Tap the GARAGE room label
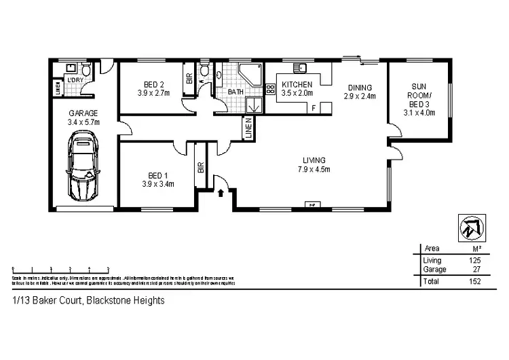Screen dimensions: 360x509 point(83,113)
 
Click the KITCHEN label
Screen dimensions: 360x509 point(297,84)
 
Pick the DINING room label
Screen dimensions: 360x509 point(360,88)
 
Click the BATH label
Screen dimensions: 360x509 point(235,92)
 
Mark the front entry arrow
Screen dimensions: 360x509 point(222,194)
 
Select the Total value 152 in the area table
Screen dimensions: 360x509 point(473,281)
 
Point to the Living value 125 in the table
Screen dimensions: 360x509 point(473,260)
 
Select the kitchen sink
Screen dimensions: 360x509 point(299,67)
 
